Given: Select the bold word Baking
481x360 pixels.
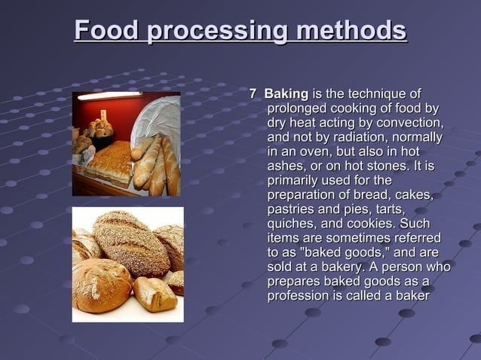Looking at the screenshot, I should [286, 94].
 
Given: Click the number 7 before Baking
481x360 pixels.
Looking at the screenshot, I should [253, 94].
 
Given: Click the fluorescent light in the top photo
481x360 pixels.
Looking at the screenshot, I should [109, 96].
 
